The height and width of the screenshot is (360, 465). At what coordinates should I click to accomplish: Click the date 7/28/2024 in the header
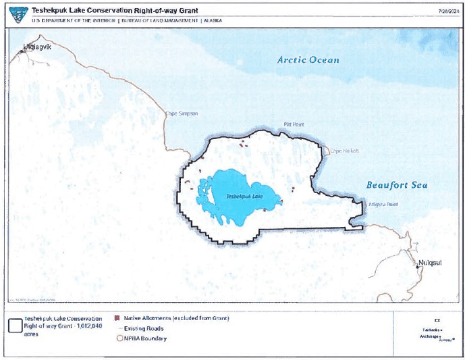click(448, 11)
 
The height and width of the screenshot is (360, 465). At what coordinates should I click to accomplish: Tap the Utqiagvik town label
click(37, 47)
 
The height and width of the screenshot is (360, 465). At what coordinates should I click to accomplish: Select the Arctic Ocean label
click(308, 60)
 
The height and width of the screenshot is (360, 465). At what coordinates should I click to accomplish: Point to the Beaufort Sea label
click(397, 185)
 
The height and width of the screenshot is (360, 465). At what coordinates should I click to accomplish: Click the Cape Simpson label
click(182, 113)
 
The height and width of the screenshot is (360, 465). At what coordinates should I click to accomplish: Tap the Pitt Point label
click(294, 125)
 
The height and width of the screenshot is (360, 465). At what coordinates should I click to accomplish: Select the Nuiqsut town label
click(432, 261)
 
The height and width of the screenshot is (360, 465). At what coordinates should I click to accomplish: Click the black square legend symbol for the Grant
click(14, 325)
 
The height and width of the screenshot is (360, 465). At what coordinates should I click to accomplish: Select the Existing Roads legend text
click(144, 328)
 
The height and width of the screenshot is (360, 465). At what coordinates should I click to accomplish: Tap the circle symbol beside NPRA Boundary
click(119, 338)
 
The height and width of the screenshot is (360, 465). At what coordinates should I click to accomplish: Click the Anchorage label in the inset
click(430, 336)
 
